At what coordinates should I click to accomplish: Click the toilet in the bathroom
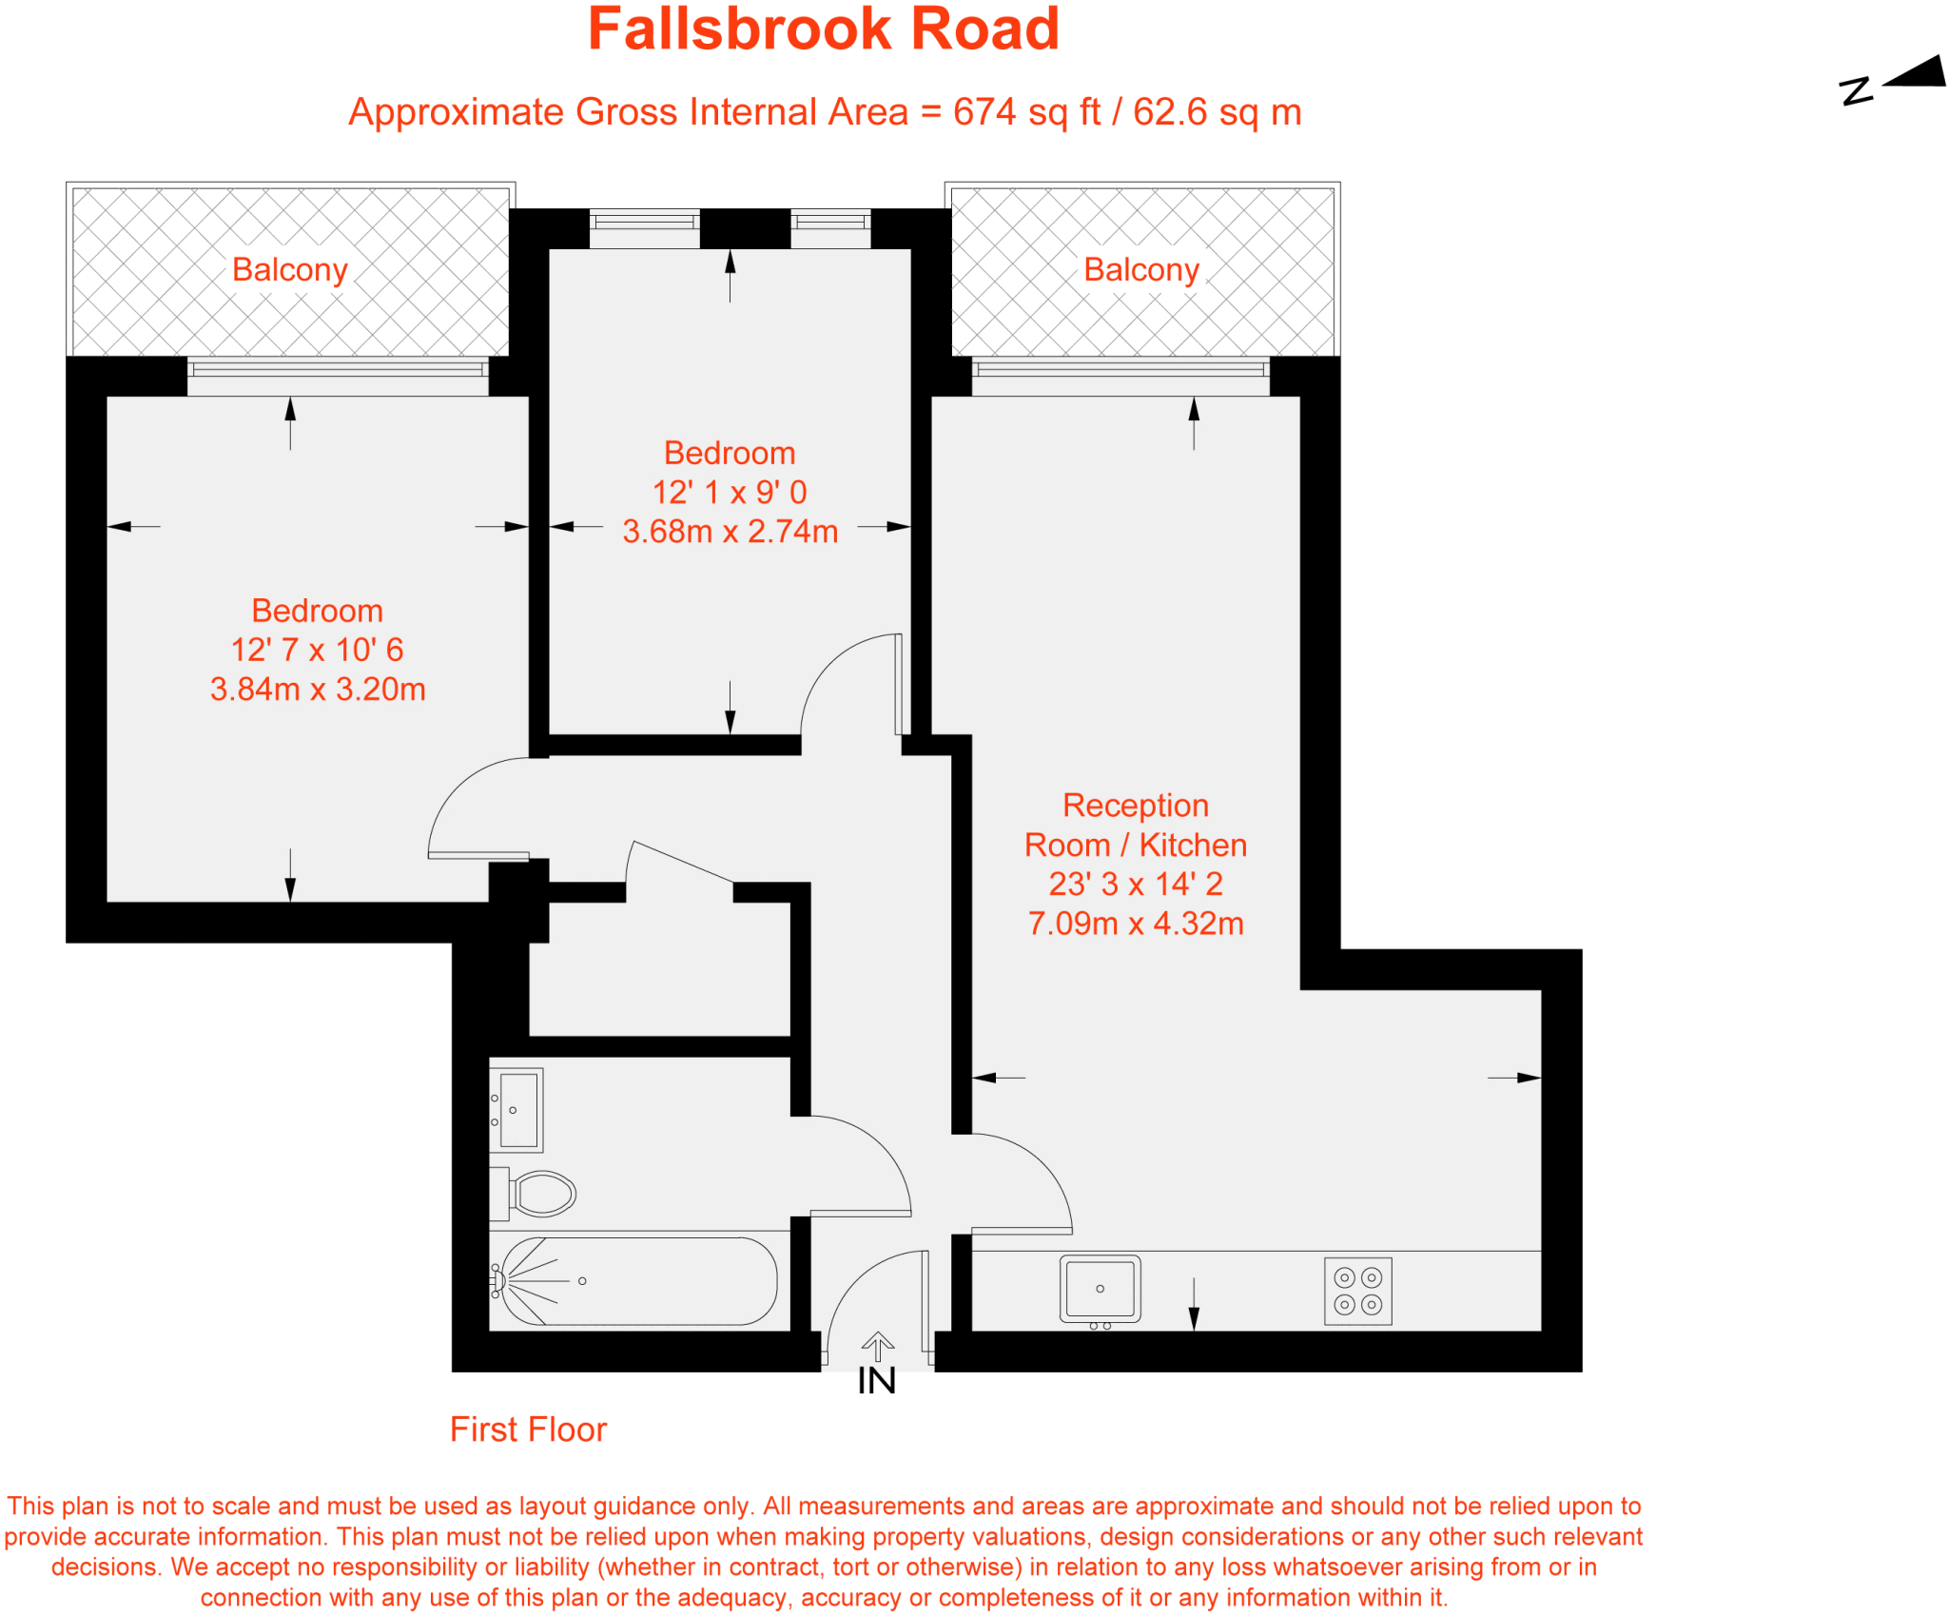(540, 1194)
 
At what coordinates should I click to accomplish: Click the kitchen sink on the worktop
(1100, 1289)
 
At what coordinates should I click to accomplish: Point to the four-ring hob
(1357, 1292)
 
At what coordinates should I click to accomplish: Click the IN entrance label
(876, 1381)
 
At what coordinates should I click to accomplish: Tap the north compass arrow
(1914, 74)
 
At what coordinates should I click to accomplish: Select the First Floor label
(528, 1430)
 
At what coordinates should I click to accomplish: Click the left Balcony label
(290, 270)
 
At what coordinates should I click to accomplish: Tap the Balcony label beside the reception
(1141, 270)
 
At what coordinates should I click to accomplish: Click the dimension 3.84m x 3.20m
(318, 689)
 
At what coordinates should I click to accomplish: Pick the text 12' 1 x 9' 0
(730, 492)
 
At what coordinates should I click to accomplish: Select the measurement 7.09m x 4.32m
(1136, 923)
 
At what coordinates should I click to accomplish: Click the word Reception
(1136, 806)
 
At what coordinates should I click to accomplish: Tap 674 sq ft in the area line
(1026, 112)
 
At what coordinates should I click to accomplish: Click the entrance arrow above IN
(877, 1346)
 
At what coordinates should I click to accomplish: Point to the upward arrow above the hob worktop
(1194, 1303)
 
